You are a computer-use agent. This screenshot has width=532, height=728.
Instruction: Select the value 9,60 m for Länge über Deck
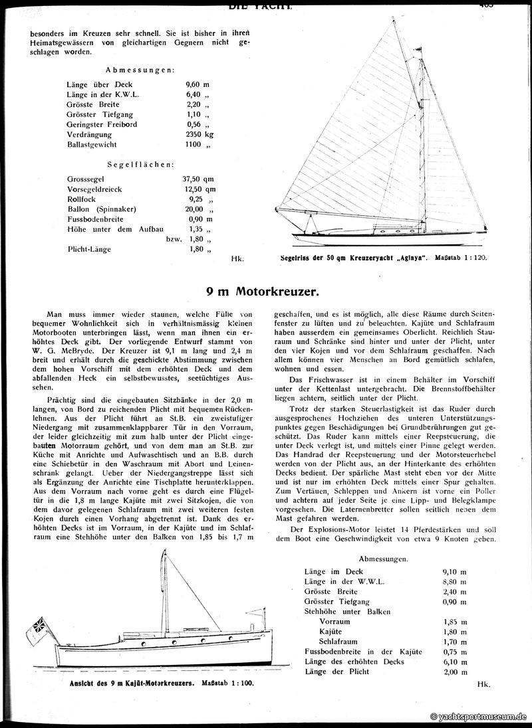199,84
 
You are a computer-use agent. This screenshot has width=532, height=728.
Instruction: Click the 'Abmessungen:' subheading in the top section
140,69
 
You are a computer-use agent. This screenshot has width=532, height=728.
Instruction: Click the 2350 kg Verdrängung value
201,133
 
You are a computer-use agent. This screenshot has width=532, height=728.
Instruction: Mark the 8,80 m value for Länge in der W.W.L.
454,580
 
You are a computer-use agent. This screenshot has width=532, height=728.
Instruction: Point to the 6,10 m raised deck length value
454,662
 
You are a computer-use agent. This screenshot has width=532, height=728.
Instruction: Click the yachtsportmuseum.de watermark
479,717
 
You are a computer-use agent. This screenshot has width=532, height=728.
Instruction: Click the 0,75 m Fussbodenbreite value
454,652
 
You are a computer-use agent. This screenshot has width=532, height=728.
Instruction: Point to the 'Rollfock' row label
82,199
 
